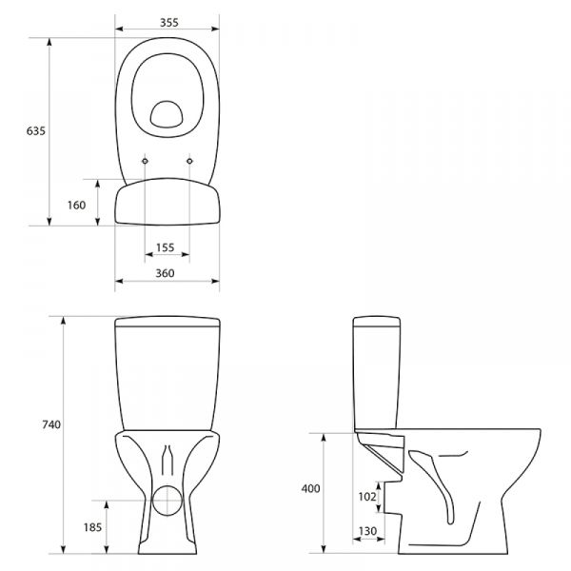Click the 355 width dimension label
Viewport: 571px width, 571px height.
[169, 23]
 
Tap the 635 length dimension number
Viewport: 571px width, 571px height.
[36, 130]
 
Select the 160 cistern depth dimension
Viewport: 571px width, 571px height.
[76, 205]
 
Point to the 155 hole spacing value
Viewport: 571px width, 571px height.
[166, 247]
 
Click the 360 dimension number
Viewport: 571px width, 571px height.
[165, 273]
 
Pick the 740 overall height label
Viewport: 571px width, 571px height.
[51, 424]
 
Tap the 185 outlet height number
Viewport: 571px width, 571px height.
[92, 527]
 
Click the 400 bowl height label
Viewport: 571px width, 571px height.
[310, 488]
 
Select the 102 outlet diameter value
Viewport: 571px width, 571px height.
[367, 497]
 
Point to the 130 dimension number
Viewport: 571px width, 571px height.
[367, 531]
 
